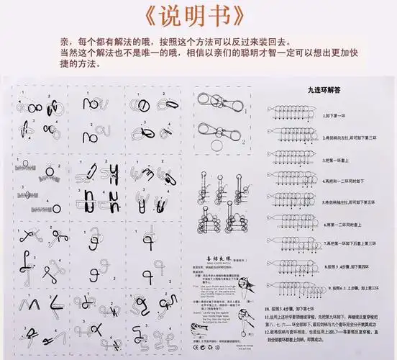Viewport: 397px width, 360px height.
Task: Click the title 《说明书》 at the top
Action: [x=198, y=15]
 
